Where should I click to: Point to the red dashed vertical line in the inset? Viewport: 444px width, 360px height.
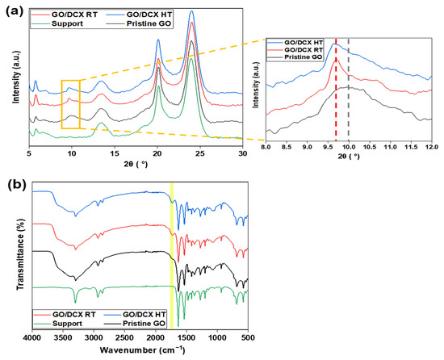coord(335,89)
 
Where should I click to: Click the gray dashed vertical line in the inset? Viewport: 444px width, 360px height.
coord(348,89)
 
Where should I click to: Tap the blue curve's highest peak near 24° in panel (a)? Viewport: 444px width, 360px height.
coord(191,11)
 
